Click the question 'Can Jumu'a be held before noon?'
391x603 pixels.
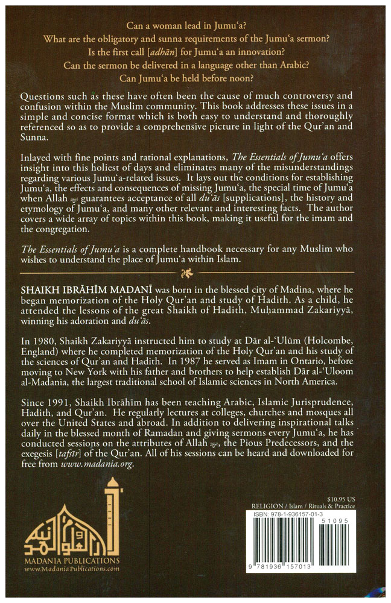click(x=195, y=79)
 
